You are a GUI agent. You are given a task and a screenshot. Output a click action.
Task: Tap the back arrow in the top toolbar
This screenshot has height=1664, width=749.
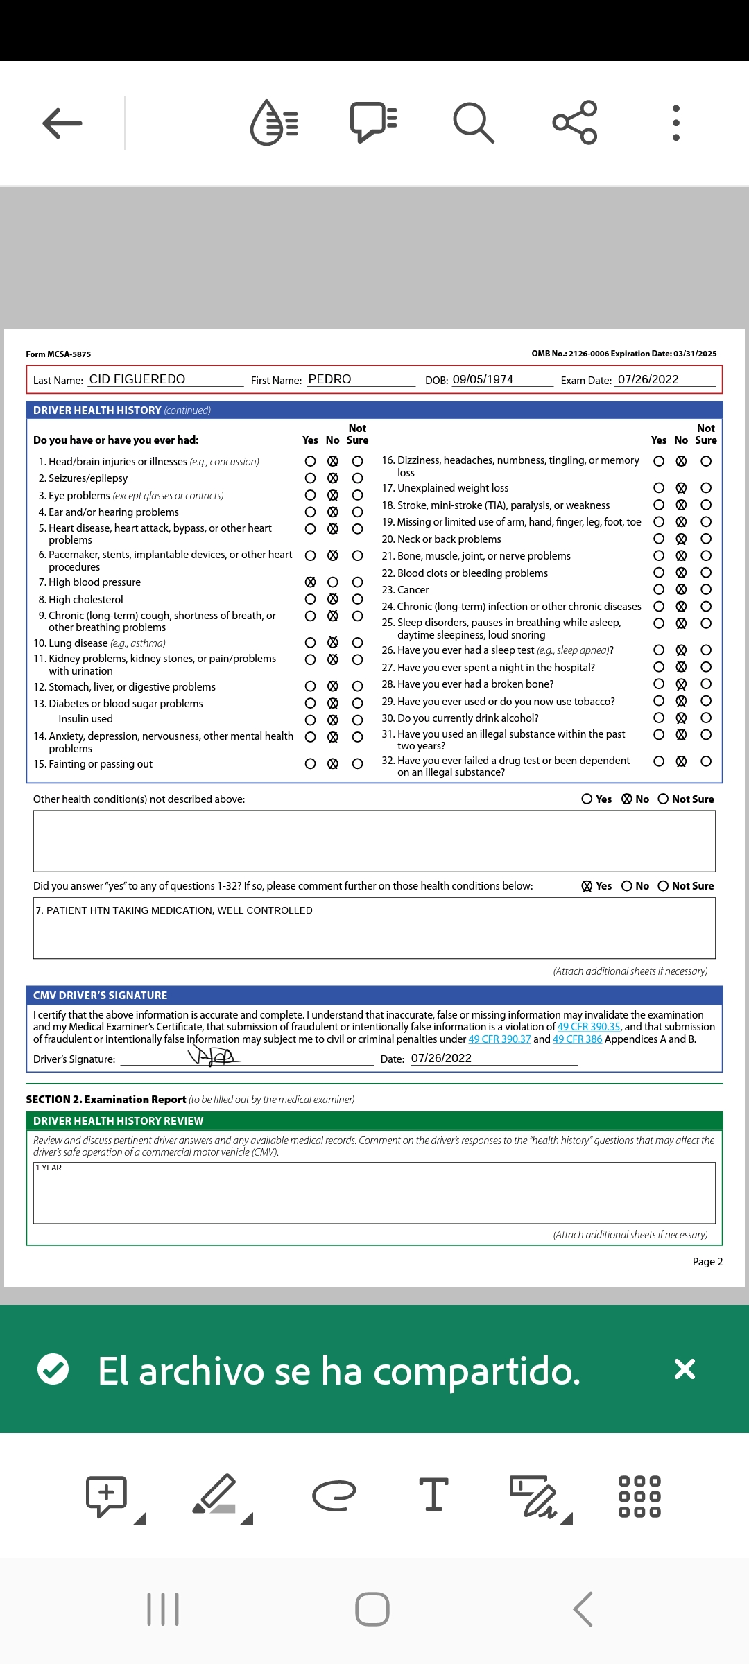coord(62,123)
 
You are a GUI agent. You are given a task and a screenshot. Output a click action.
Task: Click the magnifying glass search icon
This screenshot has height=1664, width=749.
coord(474,123)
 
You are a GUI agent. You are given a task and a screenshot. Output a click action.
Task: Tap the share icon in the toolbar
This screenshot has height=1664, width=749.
coord(575,123)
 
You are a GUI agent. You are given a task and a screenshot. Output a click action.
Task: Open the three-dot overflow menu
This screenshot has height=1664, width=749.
coord(676,123)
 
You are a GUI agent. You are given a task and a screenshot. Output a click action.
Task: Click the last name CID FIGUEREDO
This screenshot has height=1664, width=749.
coord(137,379)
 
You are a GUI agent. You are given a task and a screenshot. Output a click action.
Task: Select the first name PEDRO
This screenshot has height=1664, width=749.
coord(329,379)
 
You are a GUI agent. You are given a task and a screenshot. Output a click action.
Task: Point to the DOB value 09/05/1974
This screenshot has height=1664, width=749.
coord(483,379)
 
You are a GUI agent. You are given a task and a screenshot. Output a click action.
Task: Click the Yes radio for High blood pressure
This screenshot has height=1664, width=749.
coord(311,582)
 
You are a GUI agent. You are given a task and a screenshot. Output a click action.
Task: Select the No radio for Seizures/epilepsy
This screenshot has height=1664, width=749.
coord(333,478)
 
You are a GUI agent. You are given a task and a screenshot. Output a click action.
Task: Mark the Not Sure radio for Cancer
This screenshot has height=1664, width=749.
coord(706,590)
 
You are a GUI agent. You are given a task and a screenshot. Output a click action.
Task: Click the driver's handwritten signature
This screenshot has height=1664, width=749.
coord(213,1057)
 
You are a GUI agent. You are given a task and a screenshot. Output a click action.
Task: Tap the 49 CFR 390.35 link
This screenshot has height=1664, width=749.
coord(589,1027)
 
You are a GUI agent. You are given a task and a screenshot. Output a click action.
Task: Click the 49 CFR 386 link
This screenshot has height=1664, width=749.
coord(577,1039)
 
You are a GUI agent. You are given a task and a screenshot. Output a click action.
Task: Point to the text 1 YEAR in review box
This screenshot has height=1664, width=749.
coord(49,1168)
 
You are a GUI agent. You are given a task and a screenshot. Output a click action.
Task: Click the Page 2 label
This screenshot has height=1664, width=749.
coord(707,1262)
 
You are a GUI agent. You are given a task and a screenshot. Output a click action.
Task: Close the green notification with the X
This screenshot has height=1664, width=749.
coord(685,1369)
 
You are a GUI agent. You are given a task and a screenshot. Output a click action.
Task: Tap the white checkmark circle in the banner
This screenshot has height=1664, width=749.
coord(53,1369)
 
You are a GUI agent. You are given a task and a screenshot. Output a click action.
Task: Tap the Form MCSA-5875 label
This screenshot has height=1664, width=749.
coord(58,354)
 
